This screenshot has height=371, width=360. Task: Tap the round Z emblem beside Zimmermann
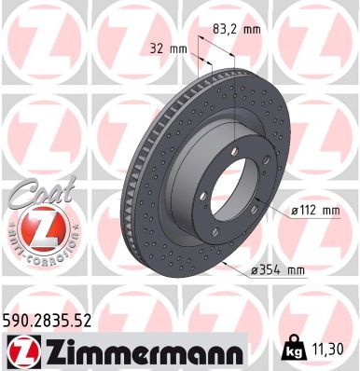(20, 352)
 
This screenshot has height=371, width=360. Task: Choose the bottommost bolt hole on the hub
(215, 232)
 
